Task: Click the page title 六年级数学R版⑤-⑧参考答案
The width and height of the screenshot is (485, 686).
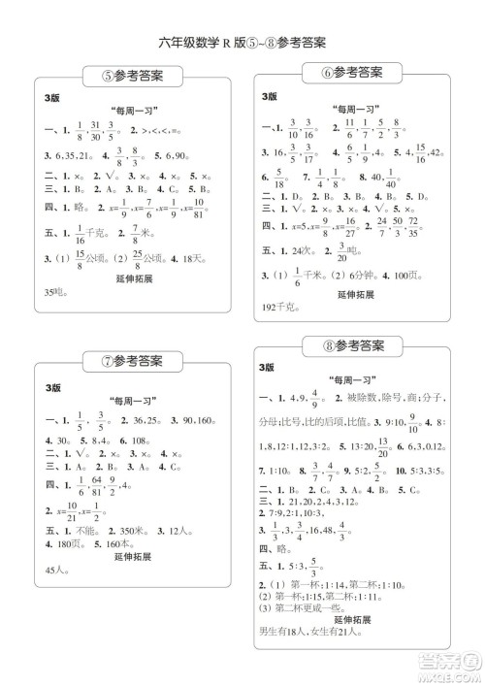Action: tap(242, 42)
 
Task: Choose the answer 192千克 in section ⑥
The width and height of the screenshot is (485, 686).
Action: tap(278, 306)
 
